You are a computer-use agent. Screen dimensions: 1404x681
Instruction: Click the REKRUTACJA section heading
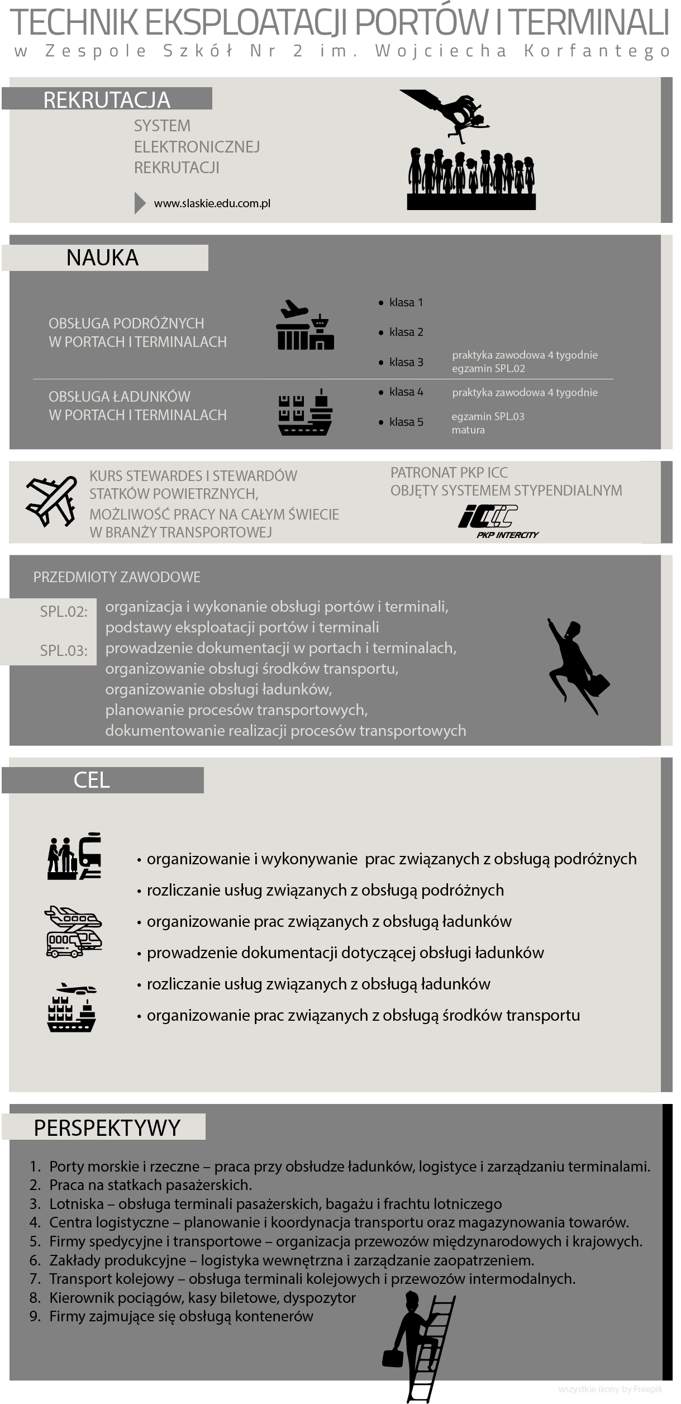pos(107,99)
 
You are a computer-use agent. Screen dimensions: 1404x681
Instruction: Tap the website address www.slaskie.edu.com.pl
pos(212,203)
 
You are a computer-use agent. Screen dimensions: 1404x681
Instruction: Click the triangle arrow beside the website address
pos(140,203)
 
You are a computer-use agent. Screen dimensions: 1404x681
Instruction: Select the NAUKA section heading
pos(102,258)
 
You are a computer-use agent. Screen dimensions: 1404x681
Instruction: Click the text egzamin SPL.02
pos(488,369)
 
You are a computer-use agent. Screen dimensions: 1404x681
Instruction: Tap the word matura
pos(468,430)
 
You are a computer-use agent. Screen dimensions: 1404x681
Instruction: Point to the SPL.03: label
pos(64,650)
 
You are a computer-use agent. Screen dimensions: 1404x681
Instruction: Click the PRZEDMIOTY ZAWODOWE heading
pos(117,577)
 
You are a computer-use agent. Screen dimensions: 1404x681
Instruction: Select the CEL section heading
pos(92,780)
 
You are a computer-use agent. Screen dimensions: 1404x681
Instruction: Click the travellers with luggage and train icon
pos(74,856)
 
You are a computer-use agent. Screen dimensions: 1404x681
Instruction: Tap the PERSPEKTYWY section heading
pos(107,1128)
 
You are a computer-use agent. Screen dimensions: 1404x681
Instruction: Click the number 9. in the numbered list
pos(35,1316)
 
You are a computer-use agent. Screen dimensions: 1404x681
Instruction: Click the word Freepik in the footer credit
pos(649,1389)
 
